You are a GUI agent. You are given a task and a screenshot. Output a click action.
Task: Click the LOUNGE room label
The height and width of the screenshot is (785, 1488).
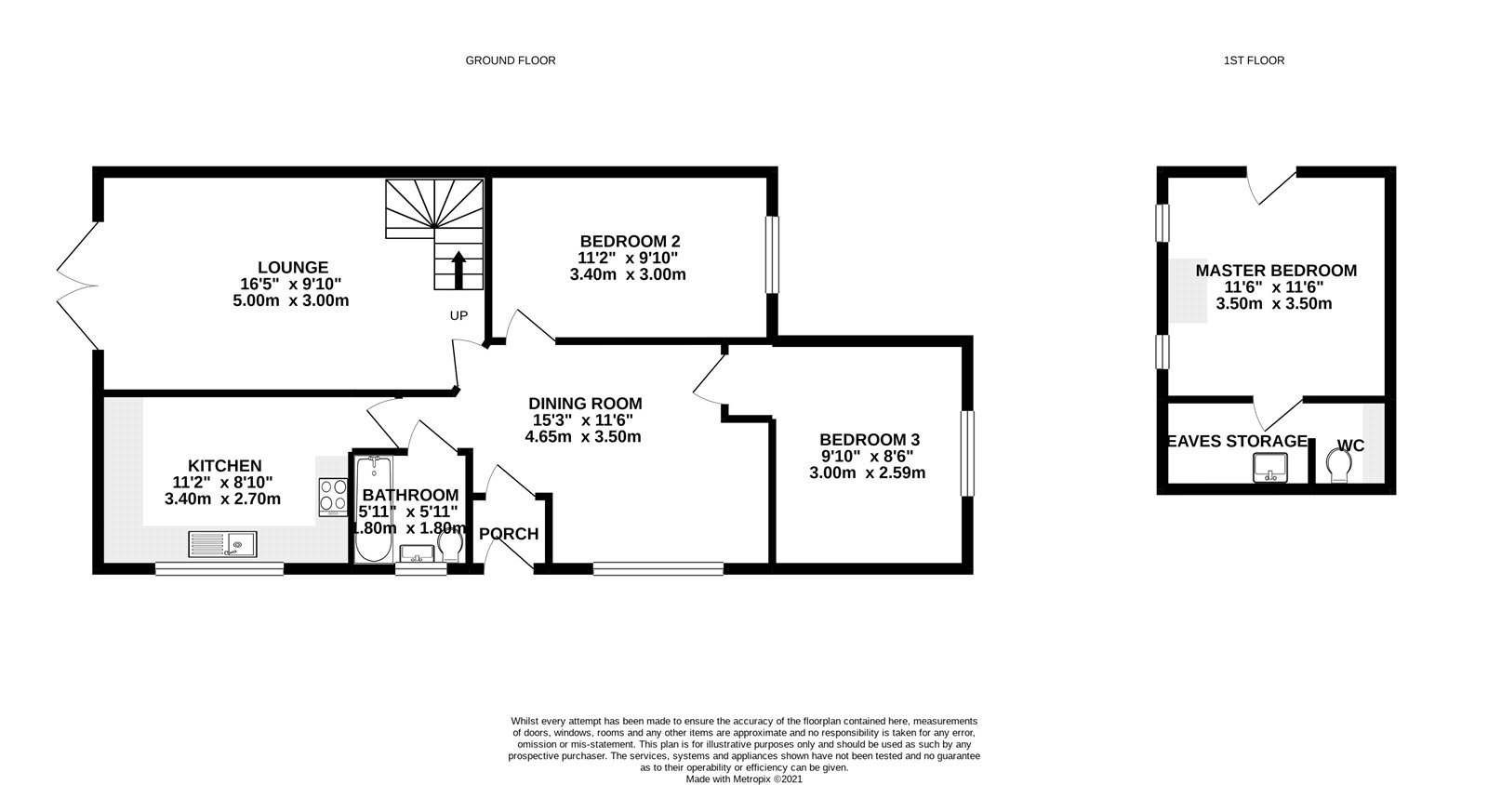(293, 268)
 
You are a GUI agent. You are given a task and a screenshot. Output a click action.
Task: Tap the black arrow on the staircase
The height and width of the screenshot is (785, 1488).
(458, 272)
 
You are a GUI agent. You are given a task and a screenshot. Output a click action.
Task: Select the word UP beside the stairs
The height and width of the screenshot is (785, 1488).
(458, 315)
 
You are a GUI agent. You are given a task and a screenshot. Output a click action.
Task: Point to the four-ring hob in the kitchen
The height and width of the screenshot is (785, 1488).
(331, 496)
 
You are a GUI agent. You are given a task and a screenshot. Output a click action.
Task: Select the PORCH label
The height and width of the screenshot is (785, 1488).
(509, 534)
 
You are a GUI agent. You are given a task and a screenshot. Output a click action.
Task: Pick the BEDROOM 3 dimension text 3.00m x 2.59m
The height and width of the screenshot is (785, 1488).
(868, 472)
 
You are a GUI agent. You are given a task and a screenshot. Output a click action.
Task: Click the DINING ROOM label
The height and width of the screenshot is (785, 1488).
(585, 404)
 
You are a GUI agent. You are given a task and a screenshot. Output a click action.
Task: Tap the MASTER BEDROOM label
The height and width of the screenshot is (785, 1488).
(1275, 271)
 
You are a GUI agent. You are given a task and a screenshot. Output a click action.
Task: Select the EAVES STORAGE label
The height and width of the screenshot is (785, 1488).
(1237, 441)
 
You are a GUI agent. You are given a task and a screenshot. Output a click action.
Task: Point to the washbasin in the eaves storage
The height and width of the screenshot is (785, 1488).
(1269, 468)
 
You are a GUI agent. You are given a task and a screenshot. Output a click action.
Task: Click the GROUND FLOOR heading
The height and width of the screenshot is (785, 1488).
(510, 60)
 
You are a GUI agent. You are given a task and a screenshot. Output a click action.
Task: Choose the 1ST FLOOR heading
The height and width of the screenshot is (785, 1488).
(1254, 60)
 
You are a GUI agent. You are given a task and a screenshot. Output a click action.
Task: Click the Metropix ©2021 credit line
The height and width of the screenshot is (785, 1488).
(744, 779)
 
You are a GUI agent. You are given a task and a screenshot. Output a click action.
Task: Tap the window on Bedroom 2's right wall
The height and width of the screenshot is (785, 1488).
(772, 255)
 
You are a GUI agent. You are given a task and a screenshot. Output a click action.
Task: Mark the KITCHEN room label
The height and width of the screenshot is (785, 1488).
(224, 465)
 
